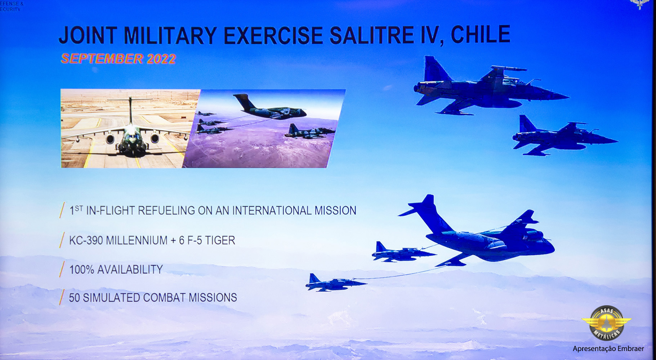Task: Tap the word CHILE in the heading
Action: (x=481, y=35)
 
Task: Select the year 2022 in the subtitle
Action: (x=161, y=59)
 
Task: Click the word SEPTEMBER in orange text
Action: (x=102, y=58)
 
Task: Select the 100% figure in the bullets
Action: (x=82, y=269)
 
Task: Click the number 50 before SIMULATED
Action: (x=74, y=298)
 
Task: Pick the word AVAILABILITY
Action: (x=130, y=269)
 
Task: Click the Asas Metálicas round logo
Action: (x=606, y=323)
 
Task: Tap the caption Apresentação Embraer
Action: (x=608, y=348)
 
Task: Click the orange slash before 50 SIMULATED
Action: (x=62, y=297)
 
